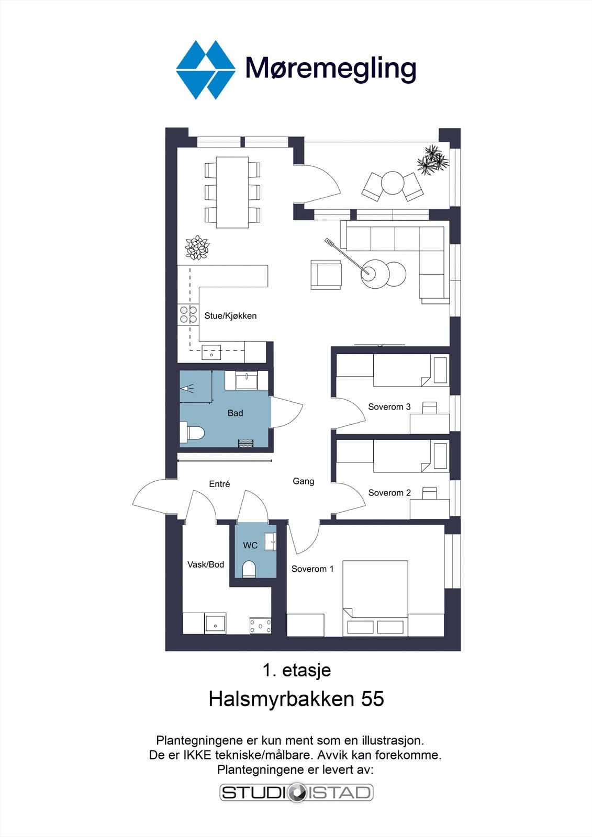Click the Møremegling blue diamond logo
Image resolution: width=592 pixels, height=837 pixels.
[206, 70]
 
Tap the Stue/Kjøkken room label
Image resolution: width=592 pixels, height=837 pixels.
[230, 316]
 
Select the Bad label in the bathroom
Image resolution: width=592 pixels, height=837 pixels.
[235, 413]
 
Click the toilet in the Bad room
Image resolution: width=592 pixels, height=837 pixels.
[192, 433]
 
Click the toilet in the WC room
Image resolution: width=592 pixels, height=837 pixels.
[249, 569]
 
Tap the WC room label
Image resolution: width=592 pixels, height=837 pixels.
[250, 546]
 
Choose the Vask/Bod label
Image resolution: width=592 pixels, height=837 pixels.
[206, 564]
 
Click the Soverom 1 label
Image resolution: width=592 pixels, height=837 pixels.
[312, 569]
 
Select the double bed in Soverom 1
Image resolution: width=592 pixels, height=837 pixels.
[375, 598]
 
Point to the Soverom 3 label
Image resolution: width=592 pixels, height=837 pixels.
[389, 406]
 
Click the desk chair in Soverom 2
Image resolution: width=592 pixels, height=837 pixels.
[429, 493]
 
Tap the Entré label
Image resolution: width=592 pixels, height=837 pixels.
[219, 484]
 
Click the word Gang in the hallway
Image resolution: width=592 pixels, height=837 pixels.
[303, 481]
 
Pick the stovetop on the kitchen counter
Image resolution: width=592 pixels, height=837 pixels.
[188, 314]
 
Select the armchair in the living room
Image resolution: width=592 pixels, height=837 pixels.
[326, 275]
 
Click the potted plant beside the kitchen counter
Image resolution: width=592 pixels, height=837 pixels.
[197, 247]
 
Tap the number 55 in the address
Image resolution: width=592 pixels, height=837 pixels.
[373, 699]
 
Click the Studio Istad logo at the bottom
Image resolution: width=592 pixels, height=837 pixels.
[296, 793]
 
